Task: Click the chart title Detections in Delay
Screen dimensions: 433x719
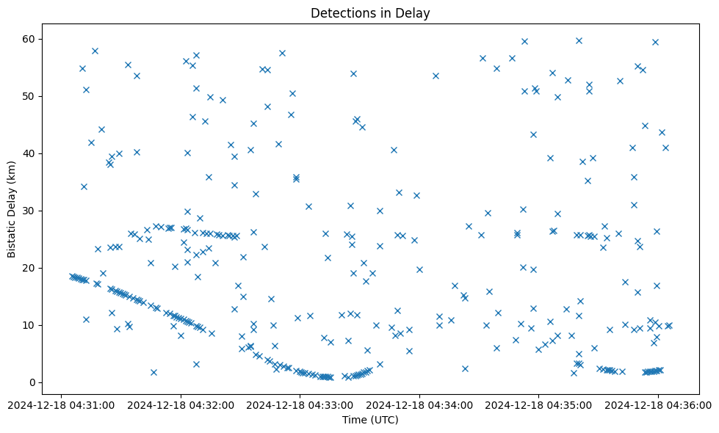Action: coord(370,13)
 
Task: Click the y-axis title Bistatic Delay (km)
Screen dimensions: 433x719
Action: coord(12,200)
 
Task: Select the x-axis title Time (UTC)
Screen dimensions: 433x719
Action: coord(370,420)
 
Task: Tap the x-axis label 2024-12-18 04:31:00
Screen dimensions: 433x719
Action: coord(61,404)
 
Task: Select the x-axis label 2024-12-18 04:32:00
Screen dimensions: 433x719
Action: coord(181,404)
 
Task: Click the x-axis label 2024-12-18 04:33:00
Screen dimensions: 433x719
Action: coord(300,404)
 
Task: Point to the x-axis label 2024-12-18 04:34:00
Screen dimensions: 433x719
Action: coord(419,404)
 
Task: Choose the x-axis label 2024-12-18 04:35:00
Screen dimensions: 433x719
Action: coord(538,404)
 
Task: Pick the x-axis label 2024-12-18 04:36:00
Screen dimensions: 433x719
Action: coord(658,404)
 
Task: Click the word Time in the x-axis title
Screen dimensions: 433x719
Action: coord(354,420)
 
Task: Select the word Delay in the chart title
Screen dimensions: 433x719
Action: coord(414,13)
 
